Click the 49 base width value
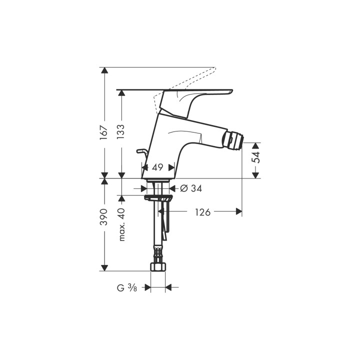pyautogui.click(x=158, y=167)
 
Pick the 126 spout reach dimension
pyautogui.click(x=202, y=212)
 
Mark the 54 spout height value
pyautogui.click(x=256, y=156)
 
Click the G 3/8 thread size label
pyautogui.click(x=127, y=287)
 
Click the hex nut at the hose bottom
pyautogui.click(x=158, y=266)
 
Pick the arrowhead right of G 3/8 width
pyautogui.click(x=168, y=287)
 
